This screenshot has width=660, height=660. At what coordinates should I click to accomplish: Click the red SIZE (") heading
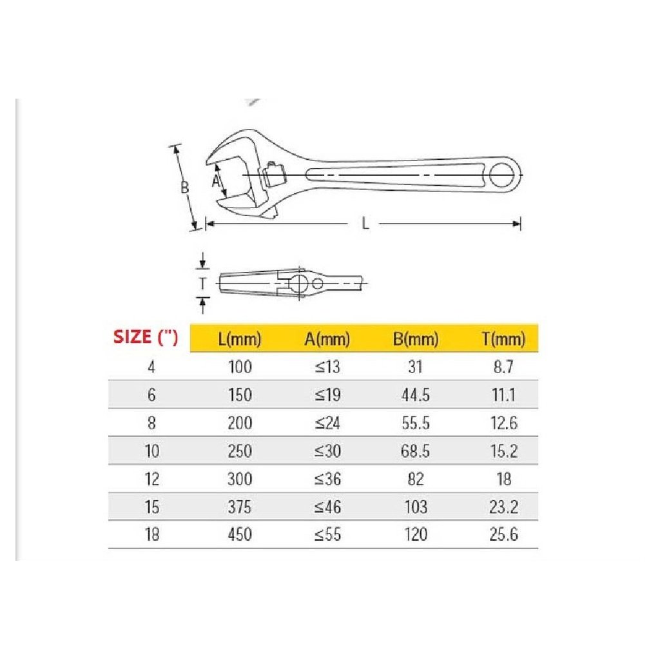click(x=146, y=337)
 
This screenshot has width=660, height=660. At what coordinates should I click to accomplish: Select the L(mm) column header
click(x=240, y=339)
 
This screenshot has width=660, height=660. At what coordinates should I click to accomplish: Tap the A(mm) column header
click(x=327, y=339)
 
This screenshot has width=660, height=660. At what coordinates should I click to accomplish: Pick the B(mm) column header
click(x=416, y=339)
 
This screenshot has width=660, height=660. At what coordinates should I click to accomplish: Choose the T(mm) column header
click(x=503, y=339)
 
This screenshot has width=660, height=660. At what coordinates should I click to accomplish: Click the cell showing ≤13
click(x=327, y=367)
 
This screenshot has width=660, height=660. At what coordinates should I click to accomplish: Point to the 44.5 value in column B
click(x=416, y=395)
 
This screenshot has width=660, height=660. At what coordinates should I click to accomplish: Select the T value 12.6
click(x=503, y=423)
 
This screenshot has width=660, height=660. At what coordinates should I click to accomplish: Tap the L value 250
click(x=240, y=451)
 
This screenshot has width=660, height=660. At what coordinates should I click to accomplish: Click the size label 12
click(x=152, y=479)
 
